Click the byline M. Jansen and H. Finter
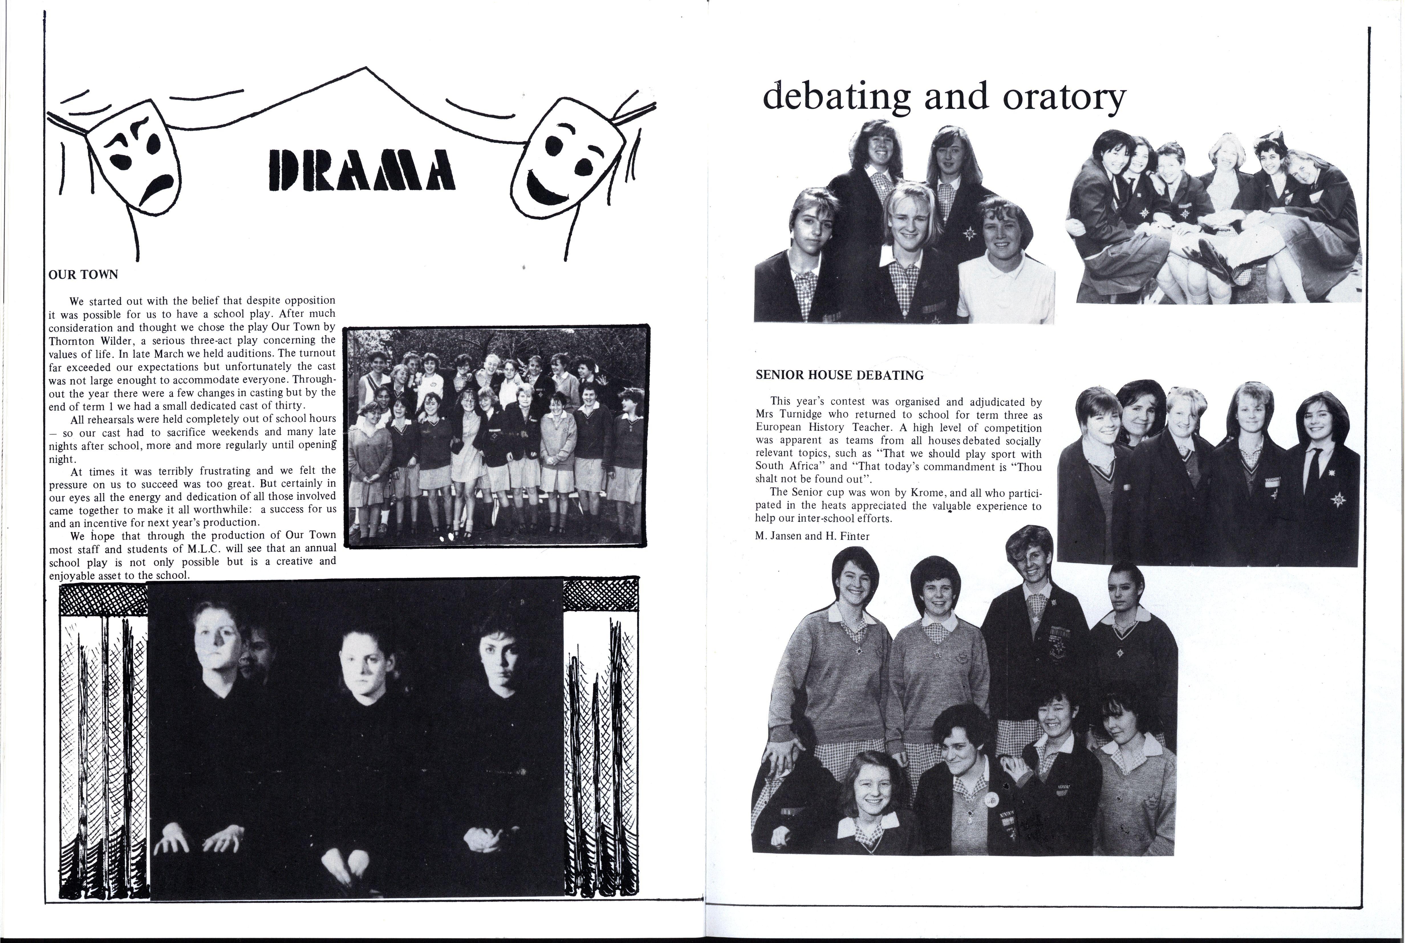(x=812, y=536)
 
